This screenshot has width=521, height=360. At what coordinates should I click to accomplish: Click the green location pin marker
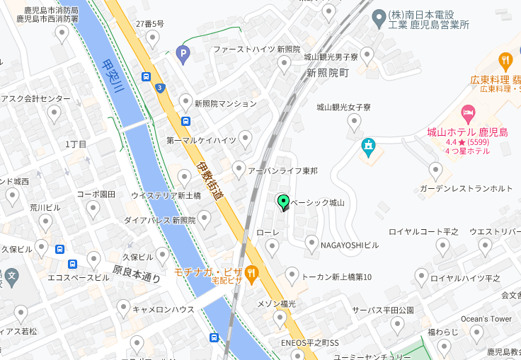284,202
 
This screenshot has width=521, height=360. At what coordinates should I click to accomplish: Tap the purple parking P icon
183,53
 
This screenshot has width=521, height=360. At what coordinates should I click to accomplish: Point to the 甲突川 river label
111,77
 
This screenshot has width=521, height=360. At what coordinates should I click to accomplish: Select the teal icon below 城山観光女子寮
368,147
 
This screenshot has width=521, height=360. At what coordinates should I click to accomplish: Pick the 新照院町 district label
328,73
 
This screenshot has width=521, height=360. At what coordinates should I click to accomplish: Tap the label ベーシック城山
319,202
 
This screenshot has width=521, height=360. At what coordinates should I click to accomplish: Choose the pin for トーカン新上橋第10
292,276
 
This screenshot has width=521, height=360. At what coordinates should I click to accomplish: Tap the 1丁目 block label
76,144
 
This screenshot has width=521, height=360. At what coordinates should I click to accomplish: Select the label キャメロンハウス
164,309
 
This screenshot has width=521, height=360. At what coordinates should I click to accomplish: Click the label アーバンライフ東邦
282,171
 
